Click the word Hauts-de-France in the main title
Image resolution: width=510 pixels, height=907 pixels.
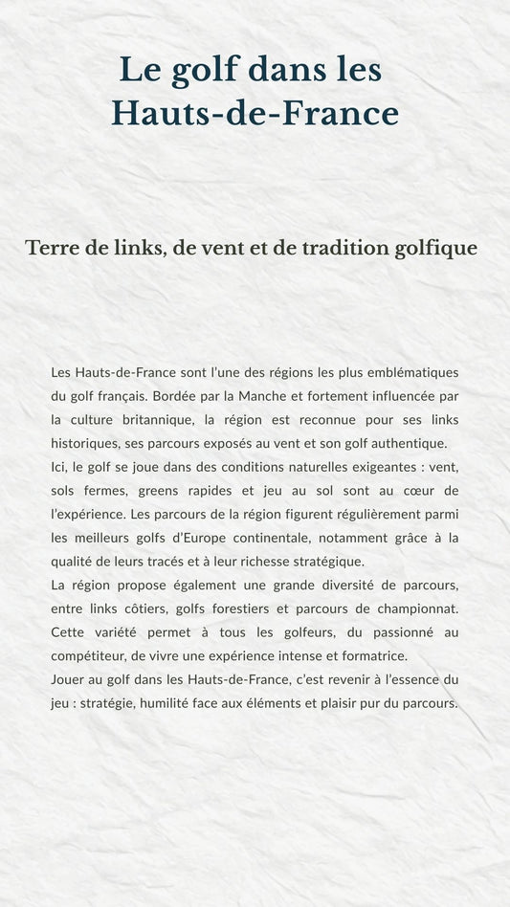255,114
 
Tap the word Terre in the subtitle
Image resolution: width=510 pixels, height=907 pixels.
52,248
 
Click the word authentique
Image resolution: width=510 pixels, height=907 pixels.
407,443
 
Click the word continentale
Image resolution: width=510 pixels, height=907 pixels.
297,538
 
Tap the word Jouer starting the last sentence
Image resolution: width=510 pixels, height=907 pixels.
68,679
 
